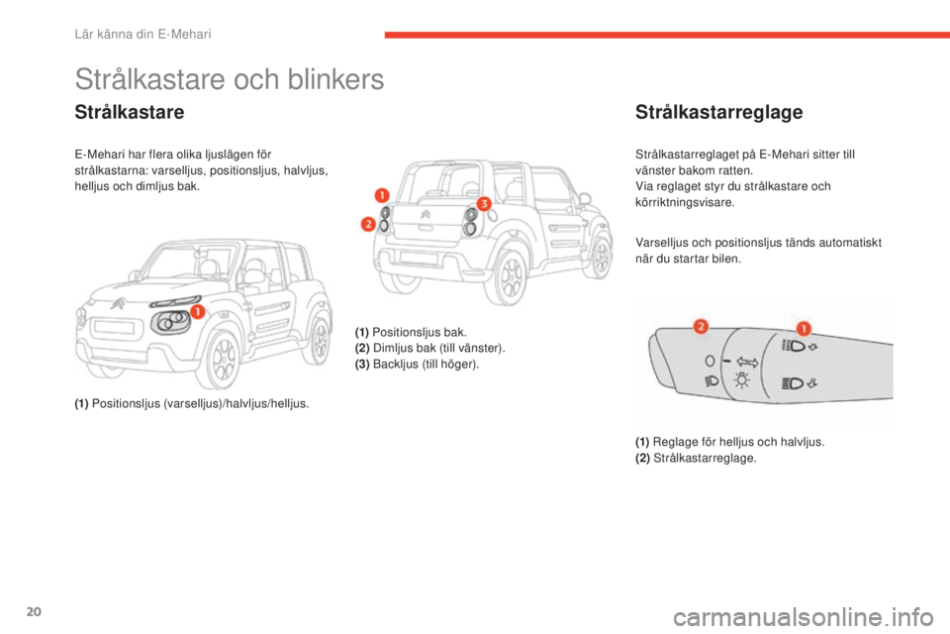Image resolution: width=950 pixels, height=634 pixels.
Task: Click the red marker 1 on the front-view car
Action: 196,312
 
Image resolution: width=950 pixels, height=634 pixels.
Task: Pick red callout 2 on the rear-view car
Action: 367,224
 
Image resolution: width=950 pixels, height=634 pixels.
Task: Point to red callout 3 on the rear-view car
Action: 484,202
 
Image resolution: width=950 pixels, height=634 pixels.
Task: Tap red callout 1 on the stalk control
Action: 804,328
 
